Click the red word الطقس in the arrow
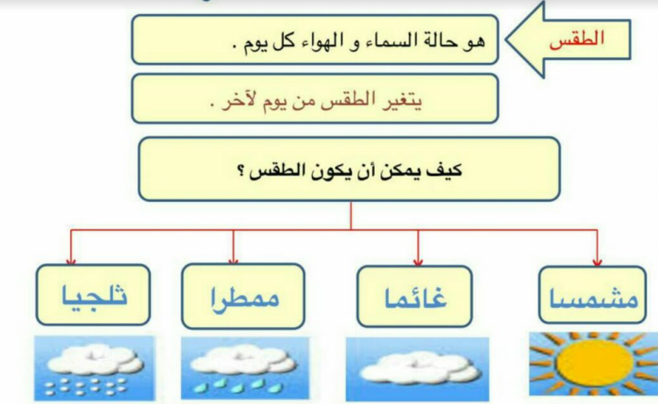coord(577,39)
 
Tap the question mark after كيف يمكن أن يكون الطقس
coord(242,171)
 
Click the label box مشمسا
coord(592,295)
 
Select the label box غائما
coord(415,296)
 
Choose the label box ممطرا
coord(243,296)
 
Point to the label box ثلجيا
coord(94,295)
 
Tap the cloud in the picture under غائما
coord(420,368)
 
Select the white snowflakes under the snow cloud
coord(86,387)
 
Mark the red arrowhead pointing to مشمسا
coord(597,262)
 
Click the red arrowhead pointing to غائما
coord(417,262)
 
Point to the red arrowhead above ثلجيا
coord(71,262)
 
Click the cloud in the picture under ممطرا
coord(243,360)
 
